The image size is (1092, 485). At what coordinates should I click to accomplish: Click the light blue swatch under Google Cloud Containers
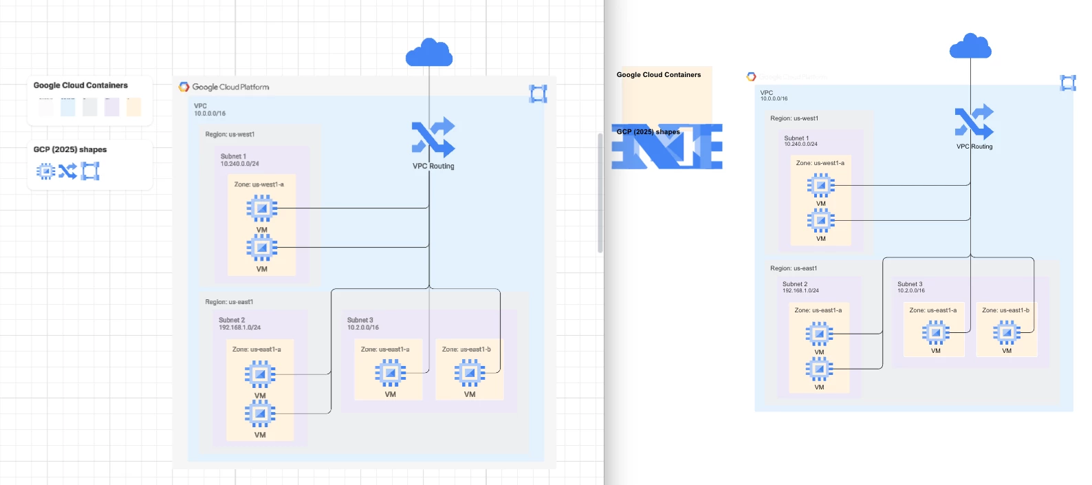(67, 107)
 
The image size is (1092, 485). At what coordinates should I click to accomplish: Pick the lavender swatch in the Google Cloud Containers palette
(111, 107)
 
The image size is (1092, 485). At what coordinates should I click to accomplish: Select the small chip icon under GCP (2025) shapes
(45, 171)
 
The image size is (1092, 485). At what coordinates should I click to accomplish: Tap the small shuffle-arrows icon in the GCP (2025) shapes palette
(67, 171)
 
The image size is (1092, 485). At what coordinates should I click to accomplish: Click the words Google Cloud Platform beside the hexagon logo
(230, 87)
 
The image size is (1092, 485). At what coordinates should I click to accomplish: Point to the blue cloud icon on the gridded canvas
(429, 53)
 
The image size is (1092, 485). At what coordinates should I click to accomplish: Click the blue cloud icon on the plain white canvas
(970, 47)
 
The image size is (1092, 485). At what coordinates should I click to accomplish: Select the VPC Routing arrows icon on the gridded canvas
(433, 137)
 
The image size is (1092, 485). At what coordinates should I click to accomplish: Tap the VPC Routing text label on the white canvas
(974, 147)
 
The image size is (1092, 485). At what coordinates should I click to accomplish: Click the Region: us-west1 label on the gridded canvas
(230, 135)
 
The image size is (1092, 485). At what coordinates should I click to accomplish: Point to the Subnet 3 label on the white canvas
(910, 284)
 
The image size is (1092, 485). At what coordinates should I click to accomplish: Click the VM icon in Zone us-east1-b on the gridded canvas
(470, 373)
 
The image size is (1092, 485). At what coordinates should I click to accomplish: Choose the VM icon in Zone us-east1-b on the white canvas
(1007, 333)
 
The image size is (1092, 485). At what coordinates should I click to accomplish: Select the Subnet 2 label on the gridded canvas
(232, 321)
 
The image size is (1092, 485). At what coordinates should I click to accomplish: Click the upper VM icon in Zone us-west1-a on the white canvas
(821, 185)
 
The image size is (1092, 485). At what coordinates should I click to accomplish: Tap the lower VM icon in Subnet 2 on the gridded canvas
(260, 413)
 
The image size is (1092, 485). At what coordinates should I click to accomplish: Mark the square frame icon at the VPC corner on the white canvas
(1068, 83)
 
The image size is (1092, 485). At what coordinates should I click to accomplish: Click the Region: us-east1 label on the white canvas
(794, 268)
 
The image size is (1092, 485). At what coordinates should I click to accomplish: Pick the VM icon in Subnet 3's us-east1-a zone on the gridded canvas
(390, 373)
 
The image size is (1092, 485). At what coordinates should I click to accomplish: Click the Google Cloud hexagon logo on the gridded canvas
(184, 87)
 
